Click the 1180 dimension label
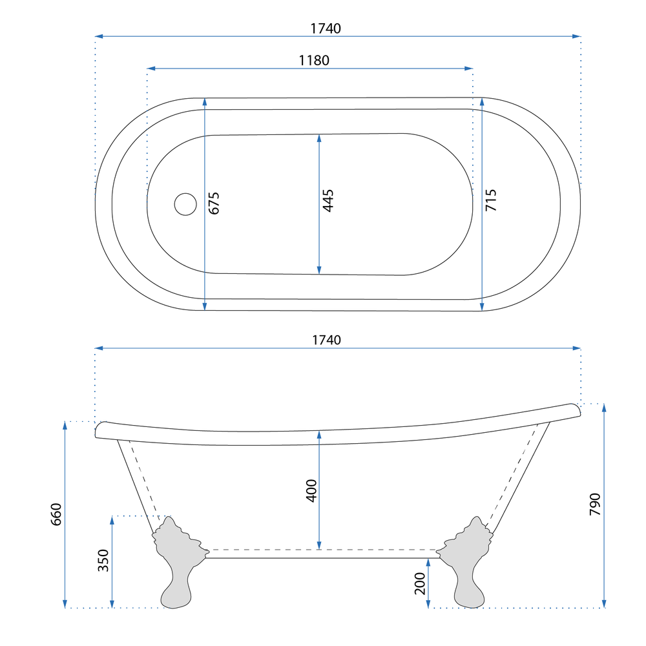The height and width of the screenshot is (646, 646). click(x=314, y=61)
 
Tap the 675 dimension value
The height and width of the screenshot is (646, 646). click(x=214, y=203)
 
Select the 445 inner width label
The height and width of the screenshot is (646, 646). click(x=328, y=201)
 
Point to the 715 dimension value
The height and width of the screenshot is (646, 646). click(x=491, y=200)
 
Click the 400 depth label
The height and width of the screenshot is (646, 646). click(x=311, y=491)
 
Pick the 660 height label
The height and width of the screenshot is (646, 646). click(x=56, y=514)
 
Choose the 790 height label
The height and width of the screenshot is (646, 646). click(x=595, y=504)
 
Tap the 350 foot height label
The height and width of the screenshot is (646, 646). click(x=103, y=560)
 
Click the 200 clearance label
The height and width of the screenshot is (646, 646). click(x=420, y=583)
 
